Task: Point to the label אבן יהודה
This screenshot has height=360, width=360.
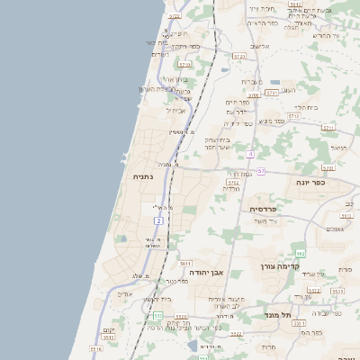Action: point(205,272)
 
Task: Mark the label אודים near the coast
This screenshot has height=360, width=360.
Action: point(125,293)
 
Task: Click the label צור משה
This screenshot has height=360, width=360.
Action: point(266,221)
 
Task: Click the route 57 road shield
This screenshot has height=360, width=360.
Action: point(261,171)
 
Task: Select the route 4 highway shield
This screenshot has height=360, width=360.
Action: point(249,155)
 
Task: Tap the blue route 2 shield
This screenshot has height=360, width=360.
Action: point(159,220)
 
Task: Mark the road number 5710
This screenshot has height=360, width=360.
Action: point(185,65)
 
